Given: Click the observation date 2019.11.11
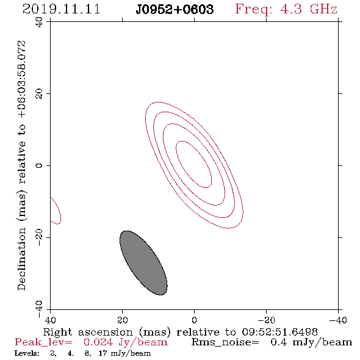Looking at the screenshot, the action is coord(61,9).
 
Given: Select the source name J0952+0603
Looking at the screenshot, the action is coord(175,10).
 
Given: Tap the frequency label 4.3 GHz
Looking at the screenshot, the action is coord(309,9).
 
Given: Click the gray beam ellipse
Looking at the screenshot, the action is coord(143,263).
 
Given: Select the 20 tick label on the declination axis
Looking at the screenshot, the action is coord(39,94).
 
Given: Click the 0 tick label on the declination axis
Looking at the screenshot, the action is coord(39,165).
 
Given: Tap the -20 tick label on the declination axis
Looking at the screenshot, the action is coord(39,237).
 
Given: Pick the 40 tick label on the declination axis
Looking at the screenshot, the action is coord(39,22).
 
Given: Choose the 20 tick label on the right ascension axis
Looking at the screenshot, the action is coord(122,320).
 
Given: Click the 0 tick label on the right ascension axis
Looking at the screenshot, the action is coord(194,320).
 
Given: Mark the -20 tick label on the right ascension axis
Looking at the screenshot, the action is coord(266,320).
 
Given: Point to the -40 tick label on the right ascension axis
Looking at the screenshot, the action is coord(338,320).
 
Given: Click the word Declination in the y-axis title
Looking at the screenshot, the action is coord(21,259).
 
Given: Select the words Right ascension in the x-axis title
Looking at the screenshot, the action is coord(88,332).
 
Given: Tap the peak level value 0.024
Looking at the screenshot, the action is coord(98,342).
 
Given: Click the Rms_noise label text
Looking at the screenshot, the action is coord(225,342).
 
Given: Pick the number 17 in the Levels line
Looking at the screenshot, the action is coord(103,353).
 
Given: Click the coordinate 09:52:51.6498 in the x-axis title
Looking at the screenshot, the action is coord(280,332).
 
